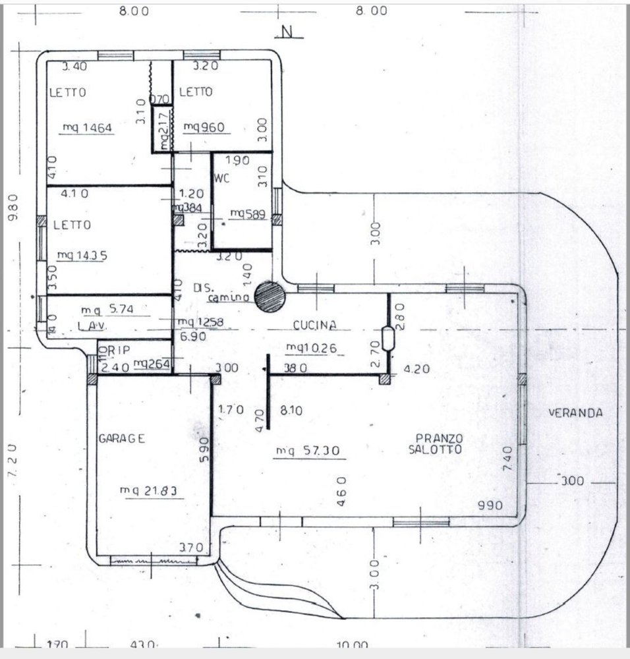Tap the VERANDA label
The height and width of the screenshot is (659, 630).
tap(575, 413)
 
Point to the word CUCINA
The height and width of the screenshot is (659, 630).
tap(315, 325)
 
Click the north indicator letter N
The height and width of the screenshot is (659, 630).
tap(286, 32)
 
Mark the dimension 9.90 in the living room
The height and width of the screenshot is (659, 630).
tap(490, 505)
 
